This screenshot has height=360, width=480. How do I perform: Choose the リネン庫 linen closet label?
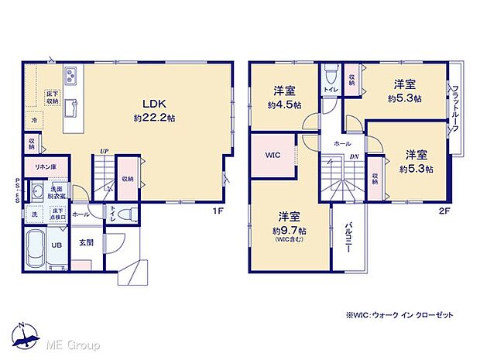(x=39, y=166)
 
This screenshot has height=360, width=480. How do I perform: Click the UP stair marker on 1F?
(x=104, y=152)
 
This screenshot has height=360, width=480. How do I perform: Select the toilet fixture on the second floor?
(x=331, y=74)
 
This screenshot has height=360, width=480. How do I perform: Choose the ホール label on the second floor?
(x=341, y=144)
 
